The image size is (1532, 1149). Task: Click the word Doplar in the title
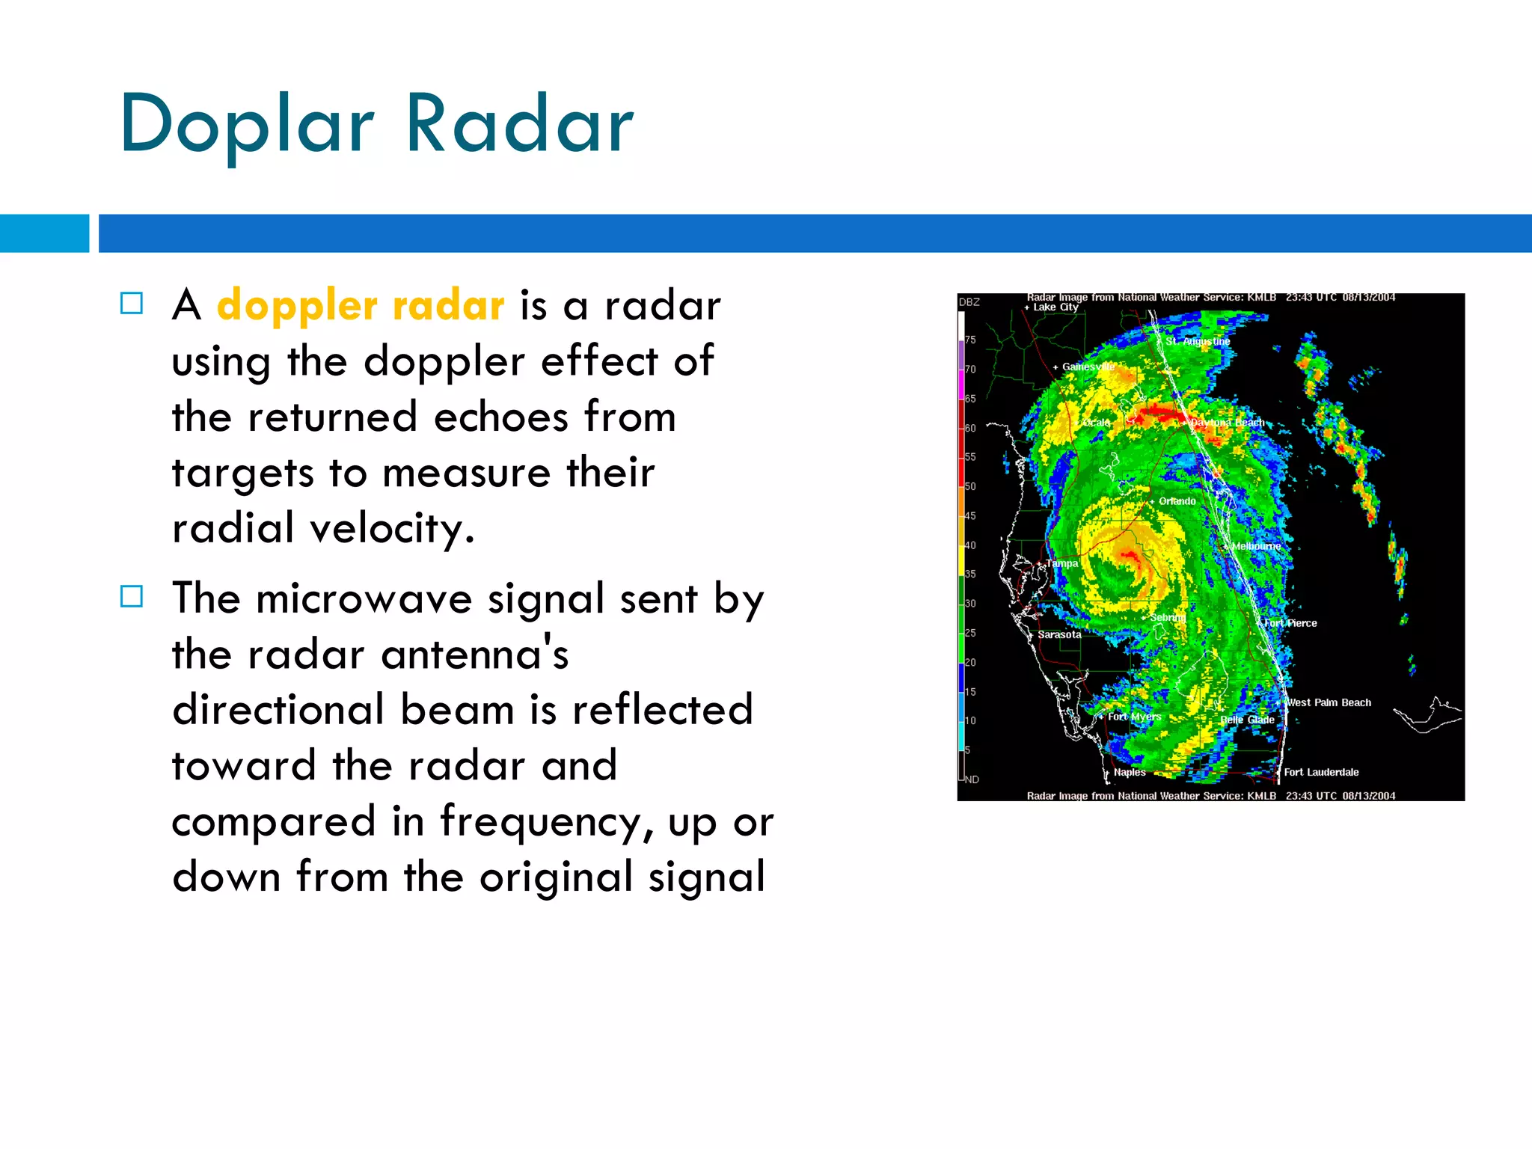click(x=247, y=126)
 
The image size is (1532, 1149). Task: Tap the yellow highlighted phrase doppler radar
click(x=361, y=306)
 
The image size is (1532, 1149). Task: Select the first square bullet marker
click(x=132, y=303)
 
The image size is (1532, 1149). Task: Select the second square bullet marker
click(x=132, y=596)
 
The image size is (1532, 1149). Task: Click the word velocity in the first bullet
click(x=392, y=529)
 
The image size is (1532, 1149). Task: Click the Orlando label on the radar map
click(x=1177, y=501)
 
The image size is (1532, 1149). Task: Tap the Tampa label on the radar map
click(x=1061, y=563)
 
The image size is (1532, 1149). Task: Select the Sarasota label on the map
click(x=1059, y=634)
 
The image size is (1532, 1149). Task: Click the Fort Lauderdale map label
click(x=1321, y=772)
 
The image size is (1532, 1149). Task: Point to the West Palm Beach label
click(x=1329, y=702)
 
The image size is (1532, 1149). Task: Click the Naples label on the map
click(x=1130, y=772)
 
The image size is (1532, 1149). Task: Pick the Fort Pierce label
click(x=1291, y=623)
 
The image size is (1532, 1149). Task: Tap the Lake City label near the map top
click(x=1055, y=307)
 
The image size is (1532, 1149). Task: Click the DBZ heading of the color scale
click(x=969, y=302)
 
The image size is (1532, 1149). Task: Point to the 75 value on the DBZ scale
click(x=970, y=340)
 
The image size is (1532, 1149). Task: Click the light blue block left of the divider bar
click(x=44, y=233)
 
